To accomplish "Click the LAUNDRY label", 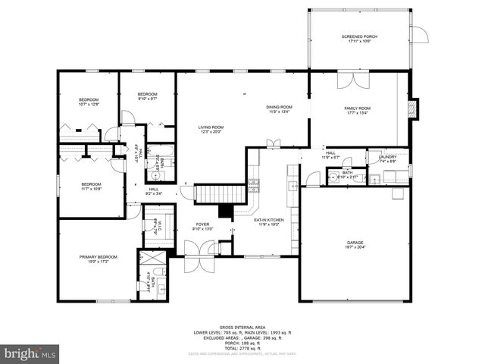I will pyautogui.click(x=387, y=158).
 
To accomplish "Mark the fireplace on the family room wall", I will pyautogui.click(x=412, y=108).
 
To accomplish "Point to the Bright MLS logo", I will pyautogui.click(x=30, y=353).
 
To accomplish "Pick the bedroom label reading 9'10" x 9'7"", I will pyautogui.click(x=148, y=97).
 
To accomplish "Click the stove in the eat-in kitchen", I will pyautogui.click(x=253, y=184).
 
